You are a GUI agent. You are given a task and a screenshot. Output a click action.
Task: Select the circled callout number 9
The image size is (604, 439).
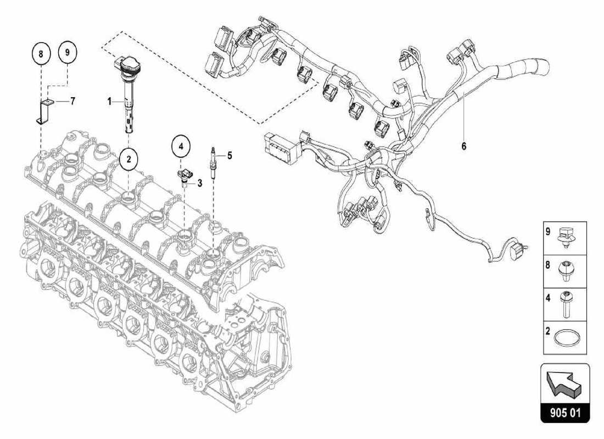[x=68, y=52]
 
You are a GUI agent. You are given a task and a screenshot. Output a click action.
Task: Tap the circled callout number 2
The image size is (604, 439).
[x=128, y=160]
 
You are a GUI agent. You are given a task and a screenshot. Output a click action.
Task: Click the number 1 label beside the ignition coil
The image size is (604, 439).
[x=109, y=102]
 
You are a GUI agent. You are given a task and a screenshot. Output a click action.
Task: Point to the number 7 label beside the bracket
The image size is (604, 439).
[x=72, y=102]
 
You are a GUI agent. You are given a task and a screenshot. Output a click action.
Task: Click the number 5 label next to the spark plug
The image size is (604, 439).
[x=230, y=155]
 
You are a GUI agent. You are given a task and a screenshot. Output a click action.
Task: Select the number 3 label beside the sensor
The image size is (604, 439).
[x=200, y=183]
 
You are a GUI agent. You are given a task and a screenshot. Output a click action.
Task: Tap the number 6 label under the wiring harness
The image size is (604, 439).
[x=463, y=147]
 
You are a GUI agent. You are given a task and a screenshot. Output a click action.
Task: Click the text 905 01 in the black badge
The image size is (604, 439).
[x=565, y=412]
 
